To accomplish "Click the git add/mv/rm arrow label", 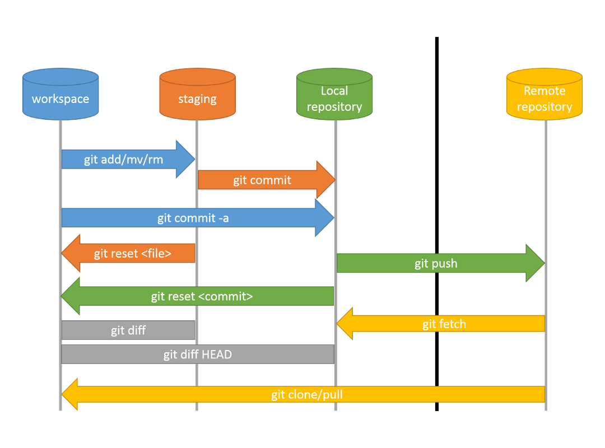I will coord(124,160).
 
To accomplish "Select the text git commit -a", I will coord(193,218).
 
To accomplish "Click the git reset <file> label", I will coord(133,254).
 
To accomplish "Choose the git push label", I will coord(436,263).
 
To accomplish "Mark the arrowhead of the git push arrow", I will coord(536,263).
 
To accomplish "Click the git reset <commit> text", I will coord(202,296).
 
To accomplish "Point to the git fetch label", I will coord(444,324).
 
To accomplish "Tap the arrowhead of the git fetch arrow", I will coord(345,324).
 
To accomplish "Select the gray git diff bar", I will coord(128,330).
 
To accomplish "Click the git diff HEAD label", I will coord(197,354).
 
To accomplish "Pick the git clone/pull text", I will coord(307,395).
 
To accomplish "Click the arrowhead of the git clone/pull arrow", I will coord(69,395).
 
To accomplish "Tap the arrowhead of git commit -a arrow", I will coord(325,218).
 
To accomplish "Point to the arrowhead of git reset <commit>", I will coord(70,296).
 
